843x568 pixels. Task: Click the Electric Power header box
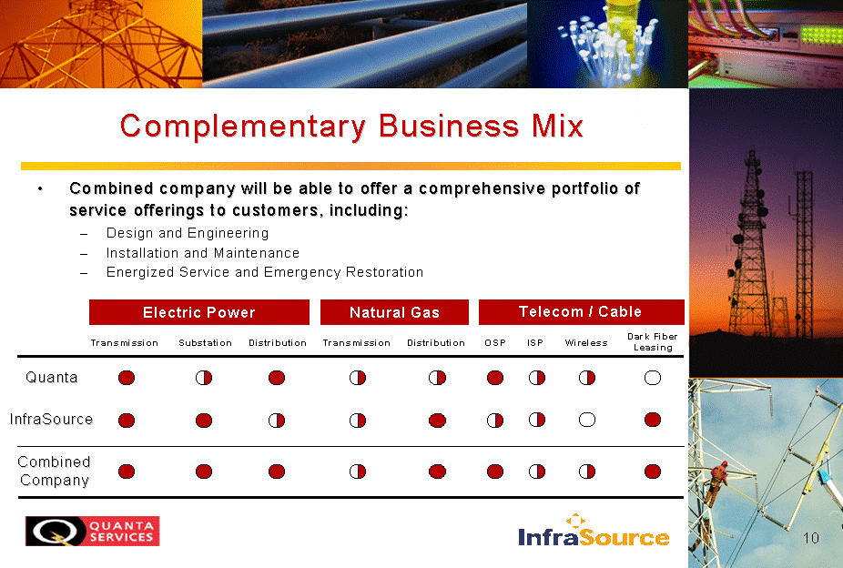point(199,312)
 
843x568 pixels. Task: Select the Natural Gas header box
point(394,312)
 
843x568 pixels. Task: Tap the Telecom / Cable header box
point(581,312)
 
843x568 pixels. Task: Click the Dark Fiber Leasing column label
point(653,341)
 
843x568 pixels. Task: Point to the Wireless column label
point(586,343)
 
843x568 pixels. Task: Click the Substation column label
point(206,343)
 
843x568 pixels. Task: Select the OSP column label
point(495,343)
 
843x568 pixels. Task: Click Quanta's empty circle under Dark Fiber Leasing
point(653,378)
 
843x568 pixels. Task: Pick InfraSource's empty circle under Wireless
point(587,420)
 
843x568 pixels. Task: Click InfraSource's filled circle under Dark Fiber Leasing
point(653,420)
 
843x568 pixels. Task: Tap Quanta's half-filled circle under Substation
point(204,378)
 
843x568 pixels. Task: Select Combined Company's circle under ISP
point(536,472)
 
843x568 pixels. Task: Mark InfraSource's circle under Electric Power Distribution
point(277,421)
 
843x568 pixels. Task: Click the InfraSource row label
point(51,419)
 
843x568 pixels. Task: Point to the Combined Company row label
point(54,471)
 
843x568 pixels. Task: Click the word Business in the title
point(449,127)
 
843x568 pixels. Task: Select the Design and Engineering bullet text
point(188,233)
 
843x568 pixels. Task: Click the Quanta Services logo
point(93,531)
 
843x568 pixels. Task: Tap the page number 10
point(811,538)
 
